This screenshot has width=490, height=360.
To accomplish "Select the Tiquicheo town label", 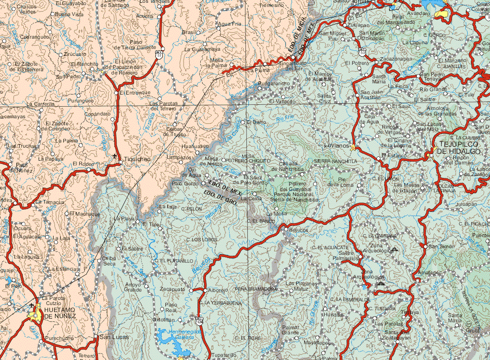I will tap(137, 159).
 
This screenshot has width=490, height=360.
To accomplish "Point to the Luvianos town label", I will tap(336, 146).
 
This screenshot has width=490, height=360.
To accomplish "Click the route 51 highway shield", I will tap(160, 54).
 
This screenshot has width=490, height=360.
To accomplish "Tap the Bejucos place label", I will tap(299, 230).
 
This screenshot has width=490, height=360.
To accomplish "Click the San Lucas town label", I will tap(113, 337).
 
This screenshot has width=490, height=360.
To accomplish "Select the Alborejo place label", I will tap(218, 290).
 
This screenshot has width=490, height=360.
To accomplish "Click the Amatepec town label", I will tap(429, 273).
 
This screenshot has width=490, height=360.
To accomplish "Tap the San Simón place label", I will tap(442, 246).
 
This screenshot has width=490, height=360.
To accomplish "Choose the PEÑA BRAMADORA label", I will tap(256, 289).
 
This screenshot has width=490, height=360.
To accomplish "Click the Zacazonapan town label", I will tap(396, 60).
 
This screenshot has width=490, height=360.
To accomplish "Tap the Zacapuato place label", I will tap(172, 290).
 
